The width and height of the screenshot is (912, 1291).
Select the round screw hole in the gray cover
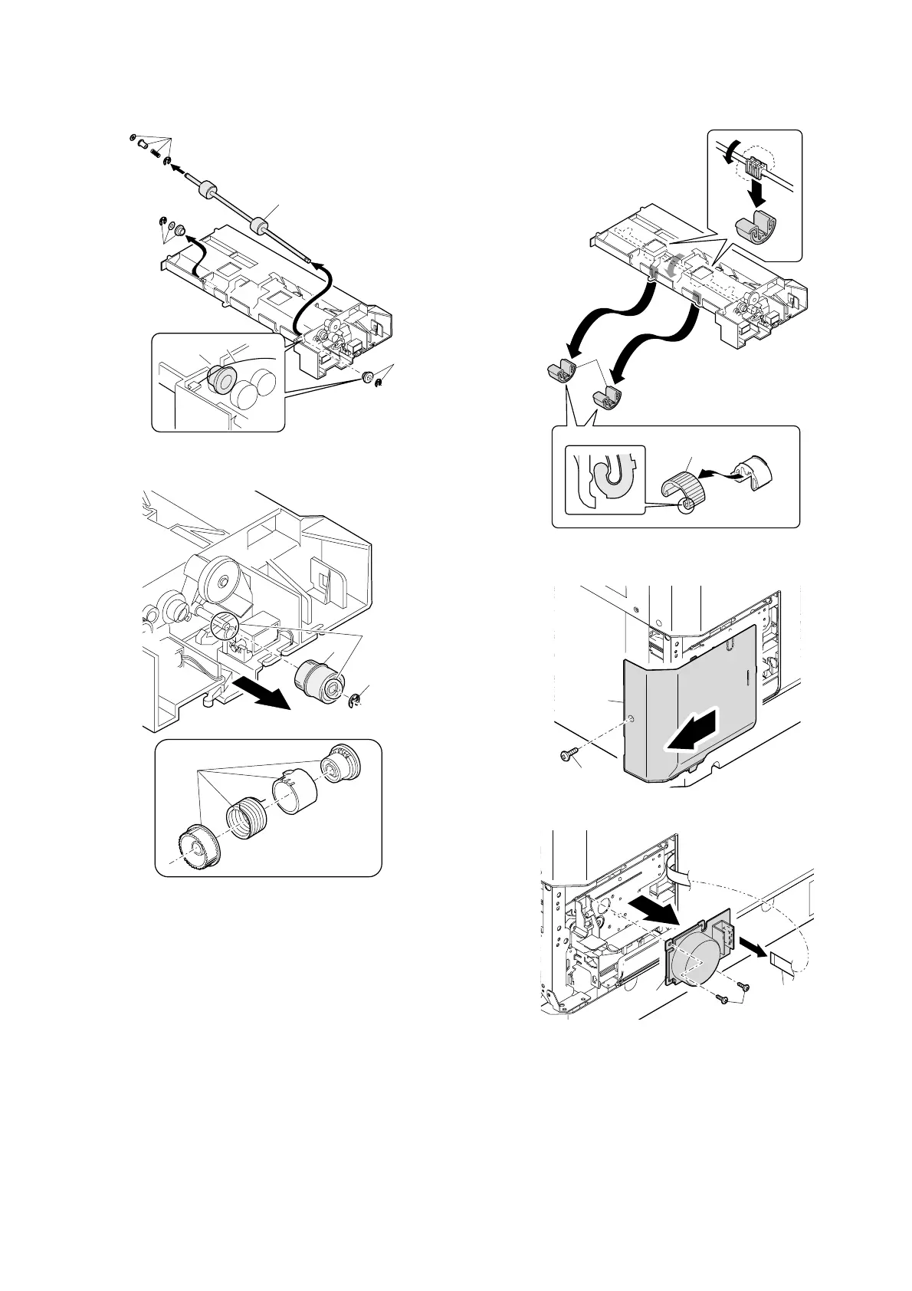[629, 720]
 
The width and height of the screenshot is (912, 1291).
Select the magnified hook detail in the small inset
[605, 477]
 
